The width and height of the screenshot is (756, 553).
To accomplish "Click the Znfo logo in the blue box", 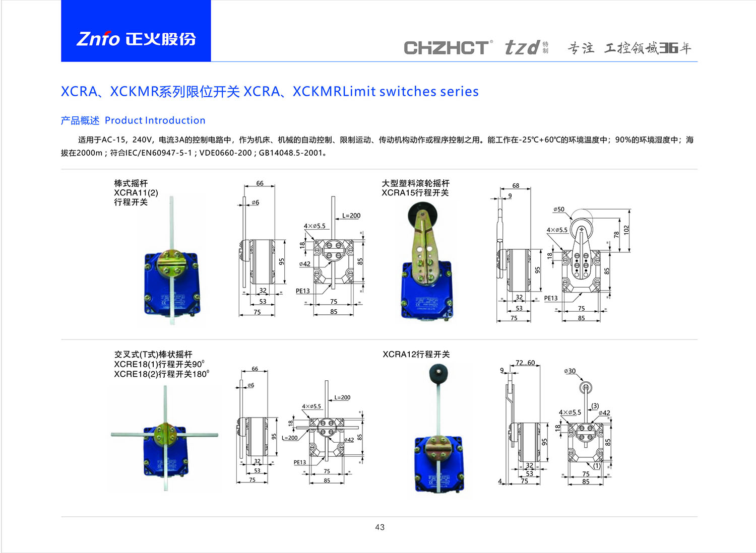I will [136, 39].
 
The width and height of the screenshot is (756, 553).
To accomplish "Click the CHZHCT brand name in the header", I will [447, 48].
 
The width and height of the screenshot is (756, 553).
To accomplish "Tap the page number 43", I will [380, 527].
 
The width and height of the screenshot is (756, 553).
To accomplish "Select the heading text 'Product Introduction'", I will [155, 120].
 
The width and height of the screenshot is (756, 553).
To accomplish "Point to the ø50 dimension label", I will [558, 210].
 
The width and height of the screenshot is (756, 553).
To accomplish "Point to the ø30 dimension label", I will [570, 371].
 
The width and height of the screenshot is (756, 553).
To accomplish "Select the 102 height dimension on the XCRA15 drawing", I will [626, 230].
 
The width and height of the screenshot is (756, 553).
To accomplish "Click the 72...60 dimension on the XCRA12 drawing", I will [525, 363].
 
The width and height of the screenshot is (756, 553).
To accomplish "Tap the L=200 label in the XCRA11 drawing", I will [351, 216].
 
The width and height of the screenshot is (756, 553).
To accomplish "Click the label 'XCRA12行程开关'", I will [416, 354].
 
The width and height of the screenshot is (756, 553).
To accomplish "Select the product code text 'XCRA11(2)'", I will [136, 192].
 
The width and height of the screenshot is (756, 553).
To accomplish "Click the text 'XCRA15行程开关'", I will [415, 192].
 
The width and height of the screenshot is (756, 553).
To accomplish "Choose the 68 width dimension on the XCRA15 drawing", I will [516, 185].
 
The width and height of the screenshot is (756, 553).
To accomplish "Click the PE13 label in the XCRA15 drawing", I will [551, 298].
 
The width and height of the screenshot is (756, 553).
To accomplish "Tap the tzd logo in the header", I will [522, 48].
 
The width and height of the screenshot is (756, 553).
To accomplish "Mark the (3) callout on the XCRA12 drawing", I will [595, 405].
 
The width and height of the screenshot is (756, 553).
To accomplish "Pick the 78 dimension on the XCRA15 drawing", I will [616, 235].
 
